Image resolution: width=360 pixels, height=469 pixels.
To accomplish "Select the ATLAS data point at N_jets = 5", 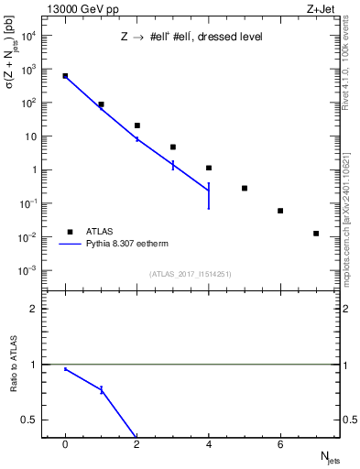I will [245, 188].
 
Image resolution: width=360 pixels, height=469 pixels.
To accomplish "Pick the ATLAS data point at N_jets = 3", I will [173, 147].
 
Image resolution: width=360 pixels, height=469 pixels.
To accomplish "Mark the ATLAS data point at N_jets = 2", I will [137, 125].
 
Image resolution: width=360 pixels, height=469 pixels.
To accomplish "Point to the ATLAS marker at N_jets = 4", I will [209, 168].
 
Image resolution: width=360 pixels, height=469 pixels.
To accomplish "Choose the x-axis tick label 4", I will [209, 444].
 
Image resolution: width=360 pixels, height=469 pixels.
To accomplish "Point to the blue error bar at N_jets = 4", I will [209, 195].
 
